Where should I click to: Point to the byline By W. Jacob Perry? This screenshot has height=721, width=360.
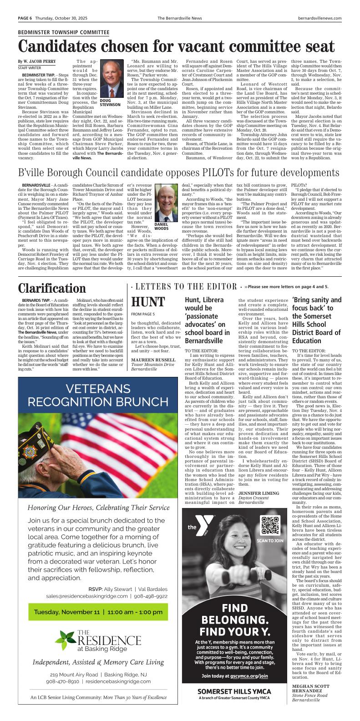(36, 61)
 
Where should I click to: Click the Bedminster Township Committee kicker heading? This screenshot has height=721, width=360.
(63, 33)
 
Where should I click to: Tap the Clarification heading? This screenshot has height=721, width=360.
(52, 288)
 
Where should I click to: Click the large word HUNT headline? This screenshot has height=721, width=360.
(148, 302)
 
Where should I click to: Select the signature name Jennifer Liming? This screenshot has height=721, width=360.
(259, 493)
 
